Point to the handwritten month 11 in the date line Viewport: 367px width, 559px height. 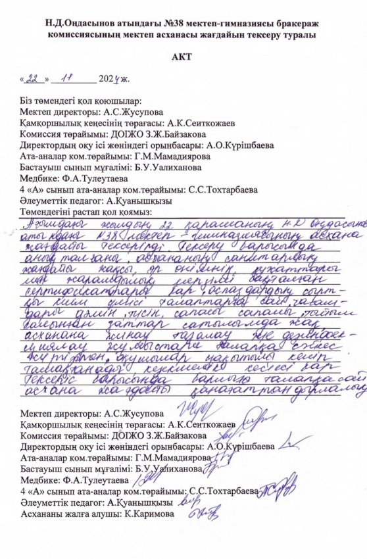(66, 78)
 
